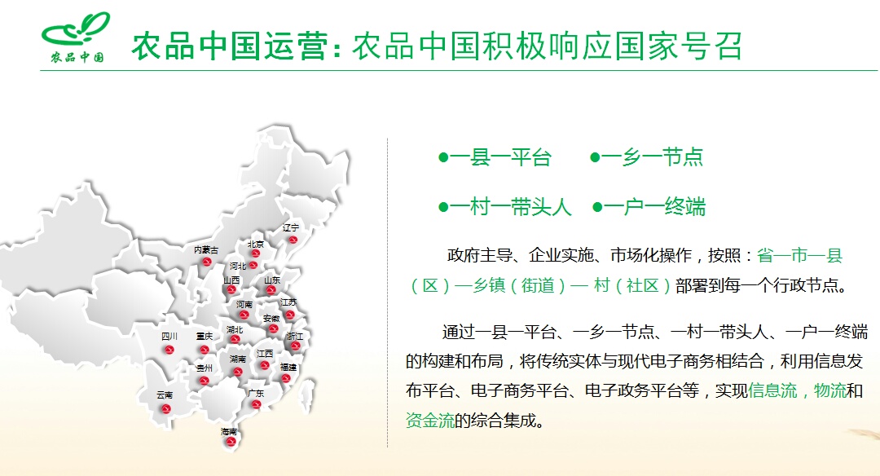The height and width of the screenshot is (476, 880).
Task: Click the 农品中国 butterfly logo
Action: (x=76, y=37)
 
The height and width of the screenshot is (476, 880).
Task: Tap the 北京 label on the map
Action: (x=255, y=245)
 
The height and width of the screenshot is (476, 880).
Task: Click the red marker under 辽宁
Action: (x=293, y=240)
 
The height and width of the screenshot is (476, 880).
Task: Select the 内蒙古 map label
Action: (x=206, y=249)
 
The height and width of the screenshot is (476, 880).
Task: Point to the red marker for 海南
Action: (x=229, y=442)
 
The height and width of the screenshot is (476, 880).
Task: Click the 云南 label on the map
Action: (x=165, y=395)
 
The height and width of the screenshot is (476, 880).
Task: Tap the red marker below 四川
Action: (x=169, y=350)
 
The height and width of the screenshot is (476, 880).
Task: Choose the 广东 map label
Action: (x=256, y=394)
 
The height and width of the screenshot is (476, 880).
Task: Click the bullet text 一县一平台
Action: (x=500, y=157)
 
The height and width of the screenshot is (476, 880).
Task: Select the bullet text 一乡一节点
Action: (x=652, y=157)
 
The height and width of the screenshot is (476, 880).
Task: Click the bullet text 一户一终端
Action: (x=654, y=207)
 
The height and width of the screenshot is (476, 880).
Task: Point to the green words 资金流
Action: (x=430, y=420)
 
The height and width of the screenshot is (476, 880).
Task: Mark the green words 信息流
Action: (x=772, y=390)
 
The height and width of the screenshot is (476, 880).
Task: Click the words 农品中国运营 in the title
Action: (x=230, y=46)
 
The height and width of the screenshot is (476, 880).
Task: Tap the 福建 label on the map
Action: (x=288, y=367)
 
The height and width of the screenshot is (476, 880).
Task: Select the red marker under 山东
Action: (x=271, y=290)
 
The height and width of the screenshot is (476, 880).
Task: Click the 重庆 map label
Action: (x=205, y=337)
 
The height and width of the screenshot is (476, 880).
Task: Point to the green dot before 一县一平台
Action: (x=443, y=158)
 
